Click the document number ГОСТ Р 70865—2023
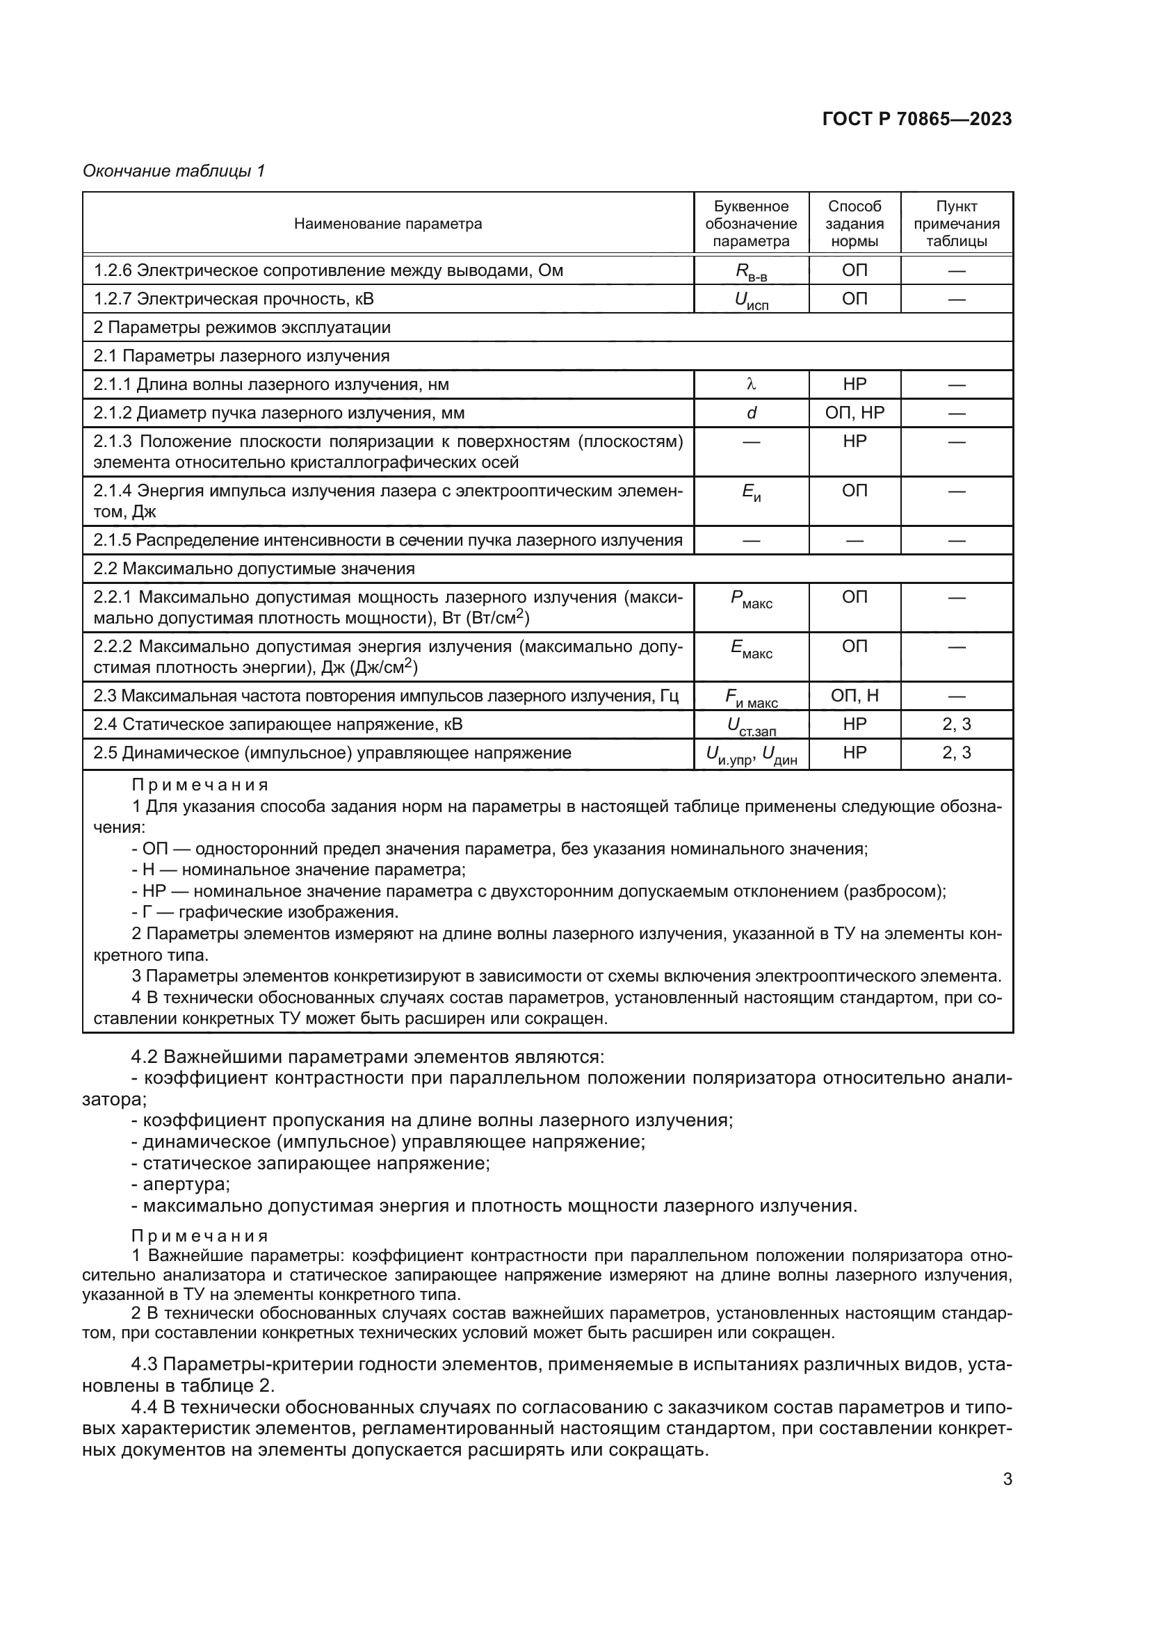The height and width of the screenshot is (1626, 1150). pyautogui.click(x=916, y=119)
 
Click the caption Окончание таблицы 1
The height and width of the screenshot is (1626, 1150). pyautogui.click(x=174, y=171)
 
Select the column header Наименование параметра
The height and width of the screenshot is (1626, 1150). pyautogui.click(x=387, y=224)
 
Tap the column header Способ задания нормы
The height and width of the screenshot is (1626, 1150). pyautogui.click(x=854, y=224)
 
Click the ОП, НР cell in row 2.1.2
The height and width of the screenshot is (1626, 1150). pyautogui.click(x=854, y=413)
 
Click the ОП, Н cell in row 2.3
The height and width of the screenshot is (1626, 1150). pyautogui.click(x=854, y=696)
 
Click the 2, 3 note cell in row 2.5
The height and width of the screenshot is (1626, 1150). pyautogui.click(x=956, y=753)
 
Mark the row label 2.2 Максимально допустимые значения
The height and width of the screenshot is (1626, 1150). pyautogui.click(x=254, y=569)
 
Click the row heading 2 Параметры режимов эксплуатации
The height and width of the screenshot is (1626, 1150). pyautogui.click(x=241, y=327)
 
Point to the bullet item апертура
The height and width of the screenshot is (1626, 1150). pyautogui.click(x=186, y=1183)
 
